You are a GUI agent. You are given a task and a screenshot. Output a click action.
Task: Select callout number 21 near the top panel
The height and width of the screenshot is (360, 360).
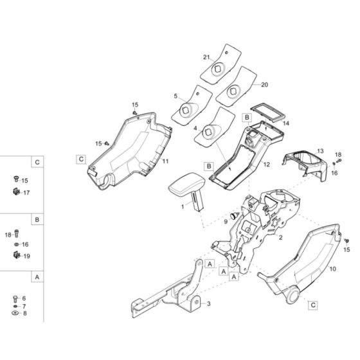206,57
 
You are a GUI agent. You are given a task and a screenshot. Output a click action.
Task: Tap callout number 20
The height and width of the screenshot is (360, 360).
264,85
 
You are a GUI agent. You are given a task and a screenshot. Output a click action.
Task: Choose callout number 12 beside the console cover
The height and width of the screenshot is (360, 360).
267,165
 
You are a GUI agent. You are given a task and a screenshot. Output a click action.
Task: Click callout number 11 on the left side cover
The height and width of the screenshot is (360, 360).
166,161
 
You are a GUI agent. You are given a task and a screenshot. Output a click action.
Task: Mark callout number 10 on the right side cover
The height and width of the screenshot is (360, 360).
333,269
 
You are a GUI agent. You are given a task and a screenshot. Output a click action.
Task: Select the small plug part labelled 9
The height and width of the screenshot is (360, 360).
235,215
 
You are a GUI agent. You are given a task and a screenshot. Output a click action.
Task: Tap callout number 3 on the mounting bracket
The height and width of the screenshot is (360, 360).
208,303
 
